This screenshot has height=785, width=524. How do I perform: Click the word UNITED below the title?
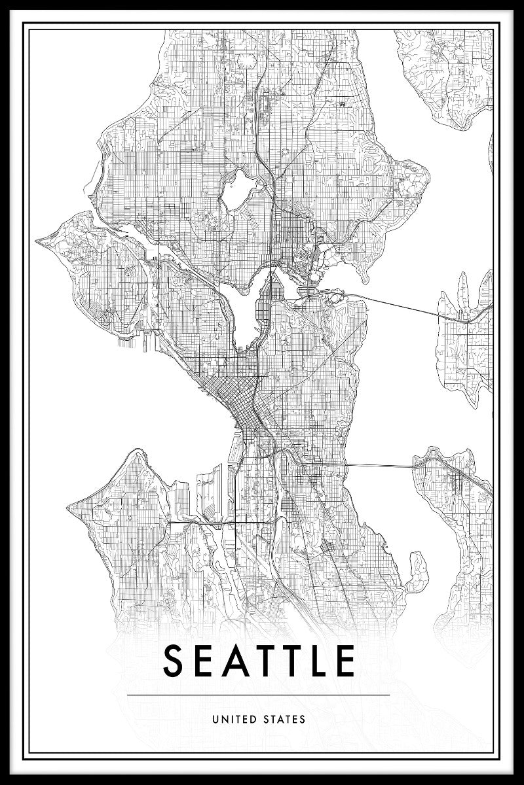(x=235, y=720)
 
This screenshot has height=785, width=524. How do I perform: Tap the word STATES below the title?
(x=284, y=720)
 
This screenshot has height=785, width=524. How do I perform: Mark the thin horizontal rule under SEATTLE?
(x=259, y=695)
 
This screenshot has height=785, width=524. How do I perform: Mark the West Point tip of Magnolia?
(x=41, y=240)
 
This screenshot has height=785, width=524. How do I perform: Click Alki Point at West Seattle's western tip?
(x=70, y=505)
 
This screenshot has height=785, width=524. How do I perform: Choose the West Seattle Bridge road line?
(x=210, y=523)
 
